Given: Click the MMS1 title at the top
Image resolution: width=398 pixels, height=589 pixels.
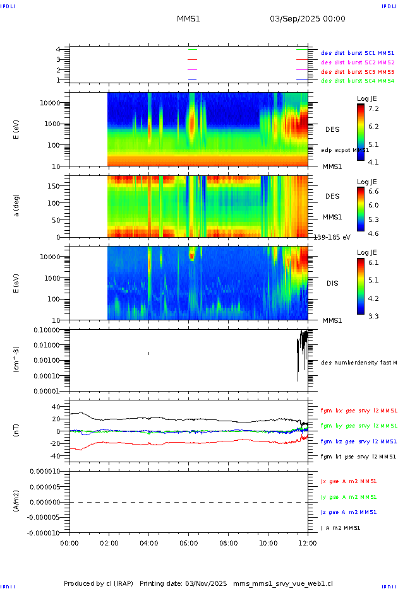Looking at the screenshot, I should click(188, 19).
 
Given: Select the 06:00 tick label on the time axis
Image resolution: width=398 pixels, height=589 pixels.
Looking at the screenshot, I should click(188, 542).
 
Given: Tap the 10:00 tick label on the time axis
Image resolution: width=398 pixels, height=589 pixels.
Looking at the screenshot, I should click(268, 542).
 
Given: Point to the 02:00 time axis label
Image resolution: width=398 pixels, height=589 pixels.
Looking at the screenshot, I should click(109, 542).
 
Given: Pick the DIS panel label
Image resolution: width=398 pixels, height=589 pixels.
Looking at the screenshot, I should click(332, 283).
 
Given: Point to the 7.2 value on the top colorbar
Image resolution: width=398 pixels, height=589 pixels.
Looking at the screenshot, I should click(373, 109).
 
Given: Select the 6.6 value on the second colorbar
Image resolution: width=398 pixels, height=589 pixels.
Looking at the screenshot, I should click(373, 191).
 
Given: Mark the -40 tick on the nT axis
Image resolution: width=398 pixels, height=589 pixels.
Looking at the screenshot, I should click(56, 456).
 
